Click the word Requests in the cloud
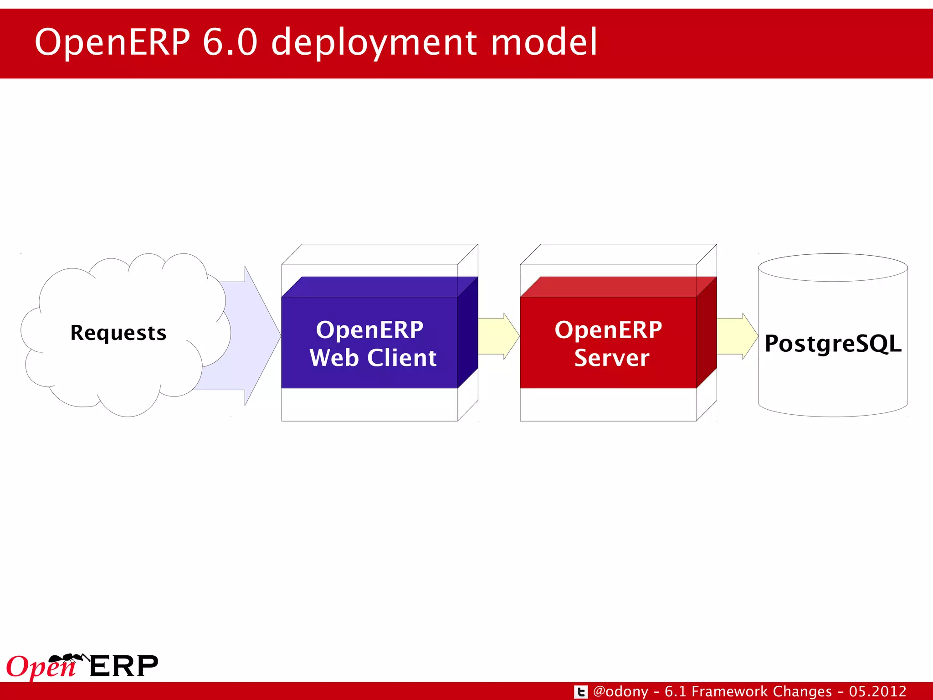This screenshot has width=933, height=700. pyautogui.click(x=118, y=333)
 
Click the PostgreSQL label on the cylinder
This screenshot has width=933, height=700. pyautogui.click(x=833, y=344)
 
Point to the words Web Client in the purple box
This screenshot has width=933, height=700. pyautogui.click(x=373, y=358)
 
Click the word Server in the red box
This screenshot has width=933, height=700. pyautogui.click(x=611, y=358)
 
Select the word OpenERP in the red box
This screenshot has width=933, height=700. pyautogui.click(x=608, y=330)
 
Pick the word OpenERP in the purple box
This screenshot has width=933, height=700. pyautogui.click(x=369, y=330)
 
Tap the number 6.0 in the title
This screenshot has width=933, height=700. pyautogui.click(x=230, y=42)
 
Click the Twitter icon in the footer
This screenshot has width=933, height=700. pyautogui.click(x=580, y=692)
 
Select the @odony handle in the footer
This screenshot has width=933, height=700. pyautogui.click(x=620, y=692)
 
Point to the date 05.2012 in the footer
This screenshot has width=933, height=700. pyautogui.click(x=877, y=692)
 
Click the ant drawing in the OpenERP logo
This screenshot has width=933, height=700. pyautogui.click(x=68, y=658)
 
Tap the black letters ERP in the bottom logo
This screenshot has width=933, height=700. pyautogui.click(x=124, y=666)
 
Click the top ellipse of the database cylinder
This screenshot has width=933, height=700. pyautogui.click(x=833, y=268)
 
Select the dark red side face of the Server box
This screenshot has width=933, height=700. pyautogui.click(x=706, y=333)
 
